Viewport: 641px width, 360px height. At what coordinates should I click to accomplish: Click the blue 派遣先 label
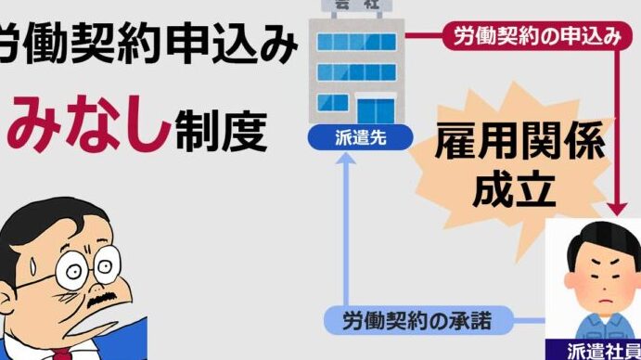point(360,138)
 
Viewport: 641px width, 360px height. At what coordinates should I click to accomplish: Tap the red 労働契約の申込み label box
point(537,36)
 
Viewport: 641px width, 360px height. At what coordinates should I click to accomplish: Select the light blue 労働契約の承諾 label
point(418,320)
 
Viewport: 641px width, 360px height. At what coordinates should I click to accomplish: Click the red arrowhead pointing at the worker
point(617,209)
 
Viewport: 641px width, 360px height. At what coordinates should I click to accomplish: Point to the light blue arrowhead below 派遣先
point(346,159)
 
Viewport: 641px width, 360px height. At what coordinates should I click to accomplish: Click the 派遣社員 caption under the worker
point(603,352)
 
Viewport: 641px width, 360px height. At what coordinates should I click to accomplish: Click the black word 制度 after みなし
point(222,131)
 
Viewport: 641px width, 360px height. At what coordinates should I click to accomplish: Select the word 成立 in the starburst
point(514,190)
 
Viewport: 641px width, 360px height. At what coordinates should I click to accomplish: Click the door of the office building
point(376,110)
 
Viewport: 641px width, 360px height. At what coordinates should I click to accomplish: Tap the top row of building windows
point(356,42)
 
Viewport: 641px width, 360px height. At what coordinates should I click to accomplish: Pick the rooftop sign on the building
point(357,6)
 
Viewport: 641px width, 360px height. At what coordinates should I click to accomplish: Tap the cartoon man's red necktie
point(62,354)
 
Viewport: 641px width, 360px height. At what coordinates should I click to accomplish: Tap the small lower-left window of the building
point(333,103)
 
